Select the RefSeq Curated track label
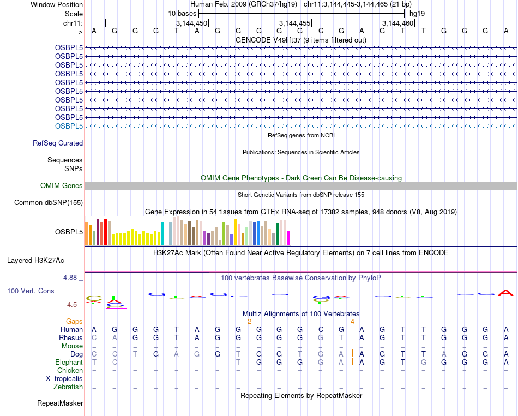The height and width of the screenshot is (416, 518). [x=58, y=143]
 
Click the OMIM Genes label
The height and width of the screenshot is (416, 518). [x=62, y=186]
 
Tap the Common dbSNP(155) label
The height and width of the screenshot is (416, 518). [x=49, y=203]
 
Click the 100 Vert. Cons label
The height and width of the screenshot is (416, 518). [x=31, y=291]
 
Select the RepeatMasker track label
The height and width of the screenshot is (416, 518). [x=60, y=403]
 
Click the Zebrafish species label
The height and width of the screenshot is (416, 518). [x=69, y=387]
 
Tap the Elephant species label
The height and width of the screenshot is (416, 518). [x=69, y=362]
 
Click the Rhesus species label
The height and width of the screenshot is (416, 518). [x=70, y=337]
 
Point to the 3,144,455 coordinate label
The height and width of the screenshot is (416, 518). [x=294, y=23]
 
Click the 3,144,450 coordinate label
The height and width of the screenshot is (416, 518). [x=191, y=23]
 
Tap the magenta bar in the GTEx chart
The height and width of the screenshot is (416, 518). [x=288, y=238]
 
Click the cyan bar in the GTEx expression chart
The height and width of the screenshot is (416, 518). [x=162, y=234]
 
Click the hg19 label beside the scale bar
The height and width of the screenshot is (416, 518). [x=417, y=13]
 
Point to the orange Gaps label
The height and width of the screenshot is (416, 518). [x=74, y=322]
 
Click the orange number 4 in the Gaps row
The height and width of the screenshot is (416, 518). [x=353, y=322]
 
